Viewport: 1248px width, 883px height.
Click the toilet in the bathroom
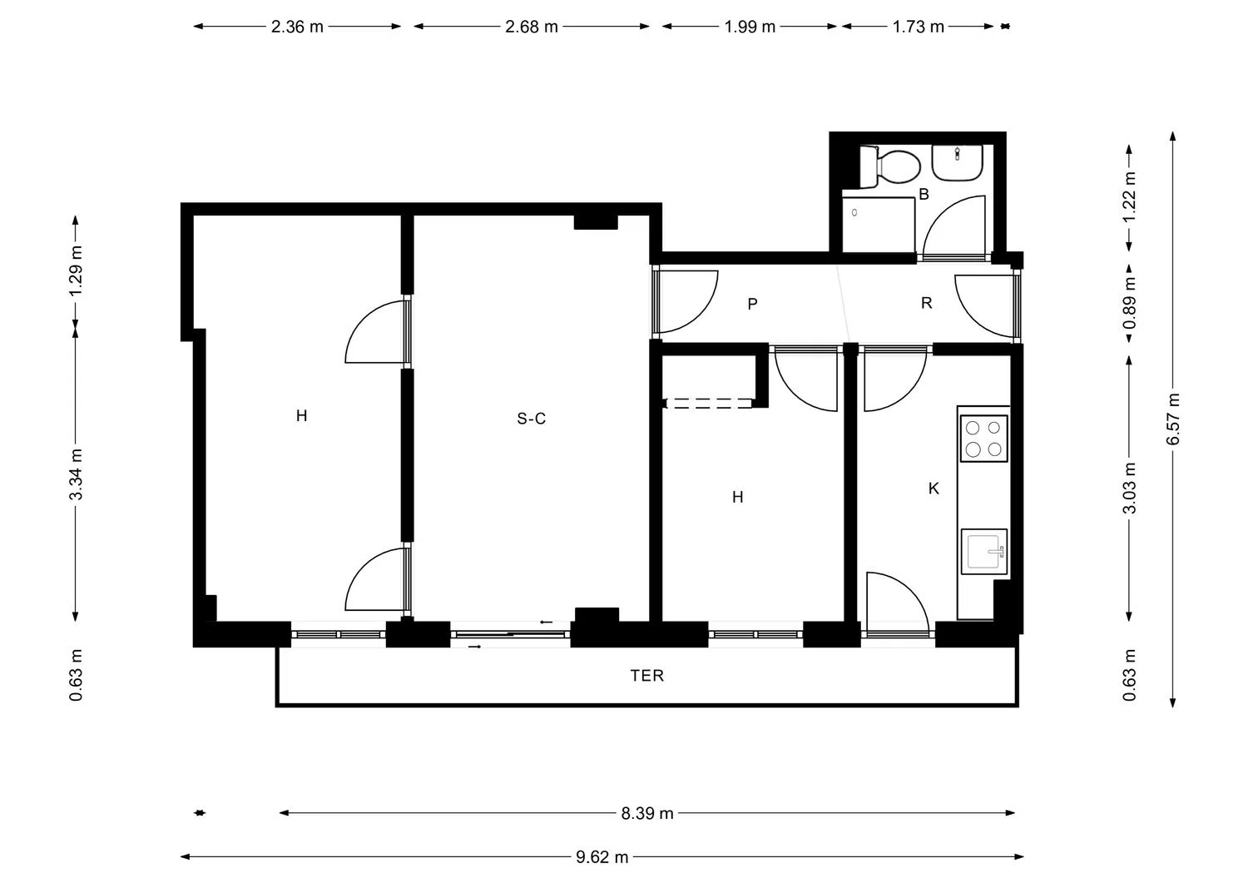pyautogui.click(x=889, y=166)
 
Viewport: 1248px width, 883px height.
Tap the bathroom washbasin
pyautogui.click(x=957, y=163)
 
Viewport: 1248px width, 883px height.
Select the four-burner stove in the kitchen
pyautogui.click(x=984, y=439)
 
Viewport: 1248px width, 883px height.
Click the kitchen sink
pyautogui.click(x=984, y=551)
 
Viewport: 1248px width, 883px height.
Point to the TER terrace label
pyautogui.click(x=646, y=676)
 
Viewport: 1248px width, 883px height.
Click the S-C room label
pyautogui.click(x=531, y=418)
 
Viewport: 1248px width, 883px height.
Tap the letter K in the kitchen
pyautogui.click(x=934, y=489)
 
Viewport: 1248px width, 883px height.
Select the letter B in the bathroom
pyautogui.click(x=924, y=194)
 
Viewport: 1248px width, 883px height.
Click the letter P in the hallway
pyautogui.click(x=752, y=304)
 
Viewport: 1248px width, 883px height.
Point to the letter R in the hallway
pyautogui.click(x=927, y=303)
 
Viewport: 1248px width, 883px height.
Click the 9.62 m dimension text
pyautogui.click(x=602, y=857)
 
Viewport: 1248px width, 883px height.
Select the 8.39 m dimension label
pyautogui.click(x=647, y=813)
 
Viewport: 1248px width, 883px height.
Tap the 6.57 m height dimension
pyautogui.click(x=1173, y=419)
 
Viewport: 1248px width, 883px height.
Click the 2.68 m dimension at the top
pyautogui.click(x=532, y=27)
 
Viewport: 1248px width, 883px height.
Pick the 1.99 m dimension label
pyautogui.click(x=750, y=27)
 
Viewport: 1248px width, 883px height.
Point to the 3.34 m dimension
pyautogui.click(x=76, y=474)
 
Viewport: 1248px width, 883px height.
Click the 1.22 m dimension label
pyautogui.click(x=1129, y=196)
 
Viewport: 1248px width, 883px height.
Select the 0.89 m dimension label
pyautogui.click(x=1129, y=303)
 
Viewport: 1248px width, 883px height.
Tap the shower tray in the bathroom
pyautogui.click(x=878, y=225)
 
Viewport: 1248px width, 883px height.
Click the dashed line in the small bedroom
pyautogui.click(x=709, y=403)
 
